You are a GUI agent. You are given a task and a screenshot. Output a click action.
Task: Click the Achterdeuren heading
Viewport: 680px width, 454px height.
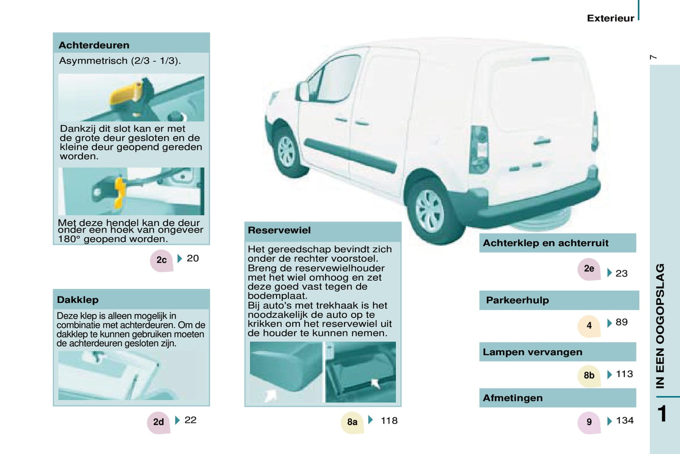[94, 45]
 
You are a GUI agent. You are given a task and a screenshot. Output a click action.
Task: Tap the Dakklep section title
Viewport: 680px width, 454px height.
[78, 300]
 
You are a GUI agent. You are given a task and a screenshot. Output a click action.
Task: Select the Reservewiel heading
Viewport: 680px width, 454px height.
[279, 230]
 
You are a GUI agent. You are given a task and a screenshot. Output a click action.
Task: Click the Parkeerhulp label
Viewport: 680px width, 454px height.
[517, 300]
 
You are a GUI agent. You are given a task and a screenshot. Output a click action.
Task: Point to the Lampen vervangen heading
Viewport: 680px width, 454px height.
[532, 352]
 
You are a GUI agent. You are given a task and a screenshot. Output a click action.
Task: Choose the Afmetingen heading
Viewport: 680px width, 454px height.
[512, 398]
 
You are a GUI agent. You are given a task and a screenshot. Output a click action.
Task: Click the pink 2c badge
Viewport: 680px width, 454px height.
[161, 260]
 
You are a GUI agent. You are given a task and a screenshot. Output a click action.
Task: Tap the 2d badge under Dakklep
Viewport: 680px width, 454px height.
[159, 422]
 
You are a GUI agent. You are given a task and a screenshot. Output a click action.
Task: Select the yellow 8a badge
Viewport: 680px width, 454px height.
[352, 422]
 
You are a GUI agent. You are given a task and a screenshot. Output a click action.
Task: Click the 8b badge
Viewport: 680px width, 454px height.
[589, 376]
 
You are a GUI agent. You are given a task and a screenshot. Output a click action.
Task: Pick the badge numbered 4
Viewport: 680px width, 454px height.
[589, 326]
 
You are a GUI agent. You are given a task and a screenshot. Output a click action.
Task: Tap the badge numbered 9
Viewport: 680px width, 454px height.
[589, 422]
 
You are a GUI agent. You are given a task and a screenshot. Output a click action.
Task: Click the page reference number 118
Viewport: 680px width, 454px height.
[389, 421]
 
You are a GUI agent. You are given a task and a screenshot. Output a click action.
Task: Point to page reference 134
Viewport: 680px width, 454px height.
[625, 421]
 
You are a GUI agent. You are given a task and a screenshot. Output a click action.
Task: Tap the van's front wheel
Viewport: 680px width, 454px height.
[287, 152]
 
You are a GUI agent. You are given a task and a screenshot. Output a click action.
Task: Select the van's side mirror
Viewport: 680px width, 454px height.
[302, 91]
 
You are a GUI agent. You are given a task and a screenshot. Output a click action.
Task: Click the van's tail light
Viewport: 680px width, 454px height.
[479, 150]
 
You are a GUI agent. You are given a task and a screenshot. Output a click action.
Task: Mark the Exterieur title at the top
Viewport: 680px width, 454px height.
[610, 18]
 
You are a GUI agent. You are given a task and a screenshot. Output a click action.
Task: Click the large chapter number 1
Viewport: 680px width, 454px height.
[662, 413]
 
